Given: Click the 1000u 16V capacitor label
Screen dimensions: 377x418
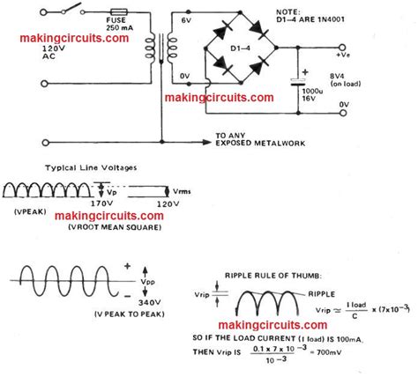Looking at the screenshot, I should coord(308,97).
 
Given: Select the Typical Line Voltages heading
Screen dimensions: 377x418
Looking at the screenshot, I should coord(78,167).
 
